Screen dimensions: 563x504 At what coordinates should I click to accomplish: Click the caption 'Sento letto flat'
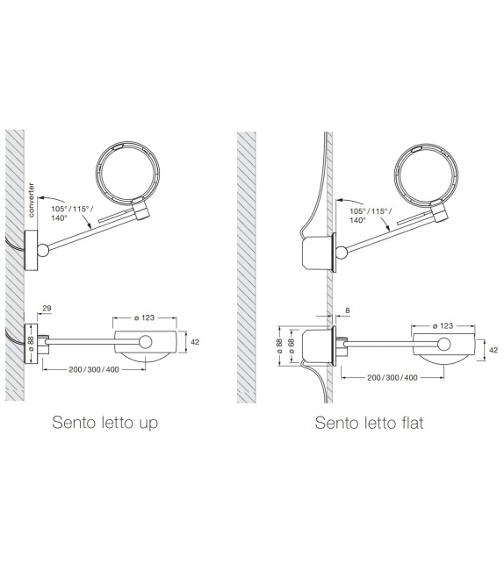point(369,424)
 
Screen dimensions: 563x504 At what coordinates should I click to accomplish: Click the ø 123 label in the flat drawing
point(443,324)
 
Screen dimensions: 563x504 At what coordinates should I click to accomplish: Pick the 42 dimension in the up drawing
point(196,342)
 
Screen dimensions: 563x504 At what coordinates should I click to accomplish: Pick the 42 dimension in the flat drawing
point(493,350)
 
